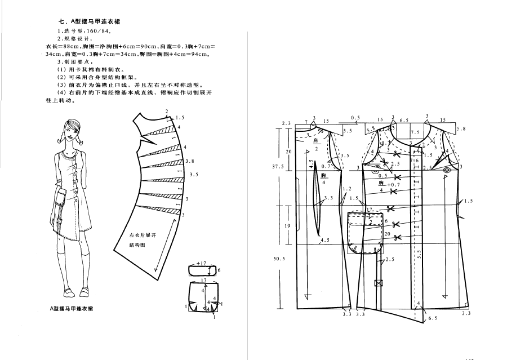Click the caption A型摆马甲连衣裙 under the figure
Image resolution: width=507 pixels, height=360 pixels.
coord(71,309)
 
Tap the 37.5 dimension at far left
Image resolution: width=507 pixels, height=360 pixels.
coord(278,167)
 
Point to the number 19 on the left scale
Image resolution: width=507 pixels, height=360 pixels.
coord(287,225)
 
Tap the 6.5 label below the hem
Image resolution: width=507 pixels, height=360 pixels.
coord(432,318)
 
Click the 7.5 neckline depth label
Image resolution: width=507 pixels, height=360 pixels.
coord(407,132)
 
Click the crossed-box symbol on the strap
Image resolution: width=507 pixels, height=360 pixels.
coord(379,282)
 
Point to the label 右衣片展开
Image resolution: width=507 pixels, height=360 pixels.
coord(143,235)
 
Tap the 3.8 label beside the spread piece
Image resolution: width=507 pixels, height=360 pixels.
coord(190,161)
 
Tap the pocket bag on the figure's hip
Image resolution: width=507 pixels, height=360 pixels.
coord(60,200)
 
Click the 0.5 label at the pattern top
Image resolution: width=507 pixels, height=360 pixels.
coord(355,118)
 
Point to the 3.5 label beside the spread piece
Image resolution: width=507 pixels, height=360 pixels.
coord(194,175)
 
